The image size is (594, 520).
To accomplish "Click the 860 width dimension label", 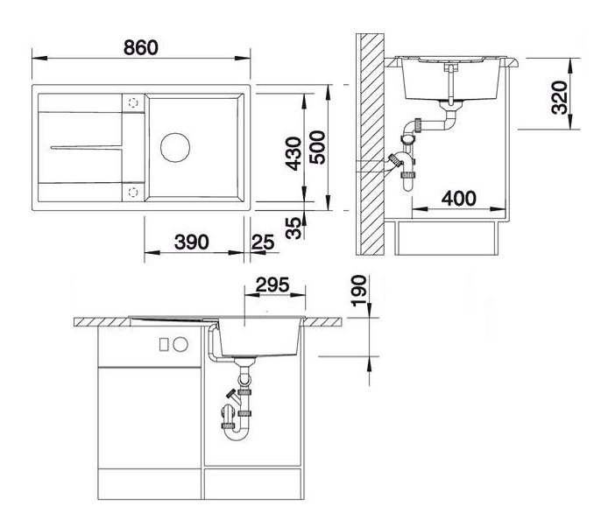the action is pos(141,47).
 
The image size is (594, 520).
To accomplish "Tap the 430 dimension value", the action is pos(294,154).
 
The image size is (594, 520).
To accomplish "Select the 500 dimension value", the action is pos(317,147).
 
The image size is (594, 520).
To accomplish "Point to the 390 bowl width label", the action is pos(191,242).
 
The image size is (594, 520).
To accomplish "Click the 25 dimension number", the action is pos(263,242).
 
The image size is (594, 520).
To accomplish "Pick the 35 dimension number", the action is pos(294,228).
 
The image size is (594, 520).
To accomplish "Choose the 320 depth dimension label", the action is pos(560,98).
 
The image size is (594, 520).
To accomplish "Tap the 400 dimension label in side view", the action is pos(459,199).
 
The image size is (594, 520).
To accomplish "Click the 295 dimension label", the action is pos(272,285).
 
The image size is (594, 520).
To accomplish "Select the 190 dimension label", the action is pos(358,291).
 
